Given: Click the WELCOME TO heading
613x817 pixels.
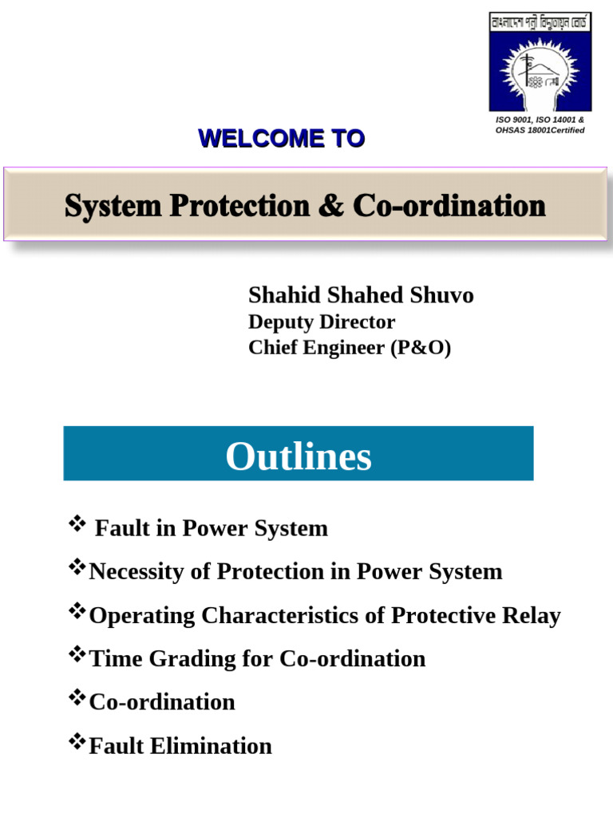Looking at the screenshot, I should [x=281, y=139].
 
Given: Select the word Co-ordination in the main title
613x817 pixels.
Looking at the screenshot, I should [x=449, y=207].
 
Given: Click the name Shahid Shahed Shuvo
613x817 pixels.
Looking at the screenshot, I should [x=361, y=295].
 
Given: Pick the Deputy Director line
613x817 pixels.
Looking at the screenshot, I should [x=321, y=322].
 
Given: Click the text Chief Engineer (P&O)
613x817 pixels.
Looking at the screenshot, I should [x=350, y=348].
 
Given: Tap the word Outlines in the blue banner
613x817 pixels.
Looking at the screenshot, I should [x=299, y=457].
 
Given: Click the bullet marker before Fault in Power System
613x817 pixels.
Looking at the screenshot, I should [x=77, y=524].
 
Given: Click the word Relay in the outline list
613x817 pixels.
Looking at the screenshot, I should [x=532, y=615].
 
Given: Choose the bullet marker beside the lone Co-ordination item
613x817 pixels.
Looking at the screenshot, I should [x=77, y=699].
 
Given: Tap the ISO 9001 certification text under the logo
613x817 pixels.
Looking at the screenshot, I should [x=540, y=125].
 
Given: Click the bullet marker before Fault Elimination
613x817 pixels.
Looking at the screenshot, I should [x=77, y=743].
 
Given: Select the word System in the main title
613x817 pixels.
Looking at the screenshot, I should [x=107, y=207].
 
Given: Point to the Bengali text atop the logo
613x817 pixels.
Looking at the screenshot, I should [x=540, y=23].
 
